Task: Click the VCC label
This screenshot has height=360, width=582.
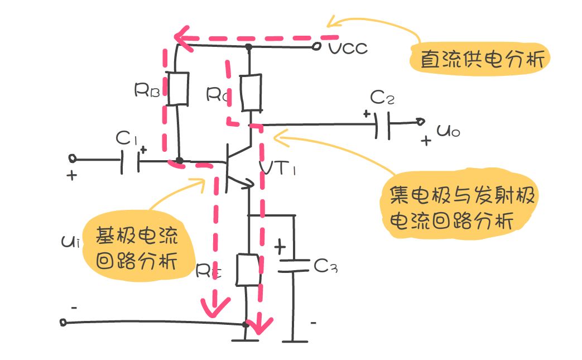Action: pos(348,48)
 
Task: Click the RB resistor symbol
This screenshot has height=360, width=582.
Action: pos(178,88)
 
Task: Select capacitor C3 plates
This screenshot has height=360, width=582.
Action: pos(293,265)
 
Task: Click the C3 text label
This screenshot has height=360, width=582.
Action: pos(325,267)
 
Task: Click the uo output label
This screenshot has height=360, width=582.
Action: pos(448,132)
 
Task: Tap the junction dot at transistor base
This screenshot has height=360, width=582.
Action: pos(179,161)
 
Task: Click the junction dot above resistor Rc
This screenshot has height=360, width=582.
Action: pos(249,47)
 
